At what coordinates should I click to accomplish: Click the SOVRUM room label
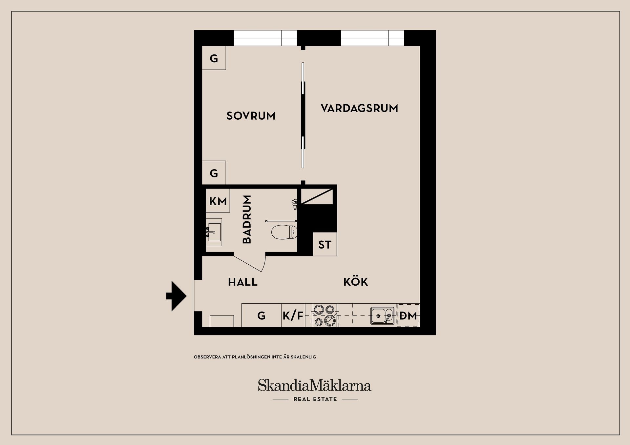click(251, 116)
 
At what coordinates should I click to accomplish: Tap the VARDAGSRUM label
click(359, 108)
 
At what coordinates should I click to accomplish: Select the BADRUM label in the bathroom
click(247, 219)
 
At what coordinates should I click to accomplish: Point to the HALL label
click(242, 282)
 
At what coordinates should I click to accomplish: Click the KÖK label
click(356, 282)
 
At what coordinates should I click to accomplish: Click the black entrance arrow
click(177, 296)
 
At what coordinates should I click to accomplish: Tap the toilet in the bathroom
click(284, 232)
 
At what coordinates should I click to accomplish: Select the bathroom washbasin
click(214, 232)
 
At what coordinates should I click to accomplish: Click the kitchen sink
click(382, 316)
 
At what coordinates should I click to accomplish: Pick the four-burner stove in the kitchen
click(325, 315)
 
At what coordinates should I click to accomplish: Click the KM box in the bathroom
click(218, 201)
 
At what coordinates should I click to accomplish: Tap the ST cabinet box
click(325, 244)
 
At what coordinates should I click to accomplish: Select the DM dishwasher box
click(408, 315)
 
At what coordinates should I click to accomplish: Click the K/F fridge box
click(293, 315)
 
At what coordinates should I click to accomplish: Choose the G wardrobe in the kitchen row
click(261, 315)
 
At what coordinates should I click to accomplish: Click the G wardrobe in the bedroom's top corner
click(214, 58)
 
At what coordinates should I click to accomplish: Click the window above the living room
click(372, 38)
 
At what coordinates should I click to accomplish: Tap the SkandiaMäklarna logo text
click(314, 385)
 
